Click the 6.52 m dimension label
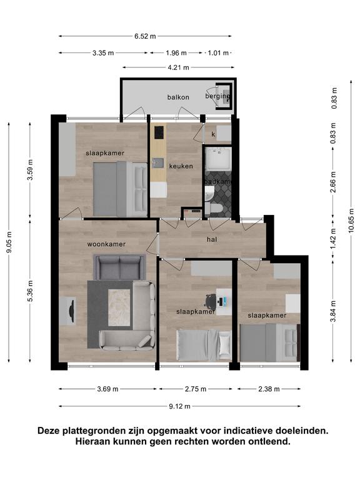145,36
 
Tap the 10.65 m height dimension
351,221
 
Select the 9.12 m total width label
180,406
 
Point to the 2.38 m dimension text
269,389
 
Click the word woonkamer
106,244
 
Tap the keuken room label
181,166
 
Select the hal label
212,239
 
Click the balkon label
178,97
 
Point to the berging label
217,96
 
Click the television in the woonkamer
72,311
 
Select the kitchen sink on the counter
158,163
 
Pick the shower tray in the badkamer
218,159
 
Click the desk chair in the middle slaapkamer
211,301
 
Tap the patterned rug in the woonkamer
119,307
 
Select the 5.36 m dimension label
30,291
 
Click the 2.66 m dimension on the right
333,182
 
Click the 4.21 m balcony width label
178,67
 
